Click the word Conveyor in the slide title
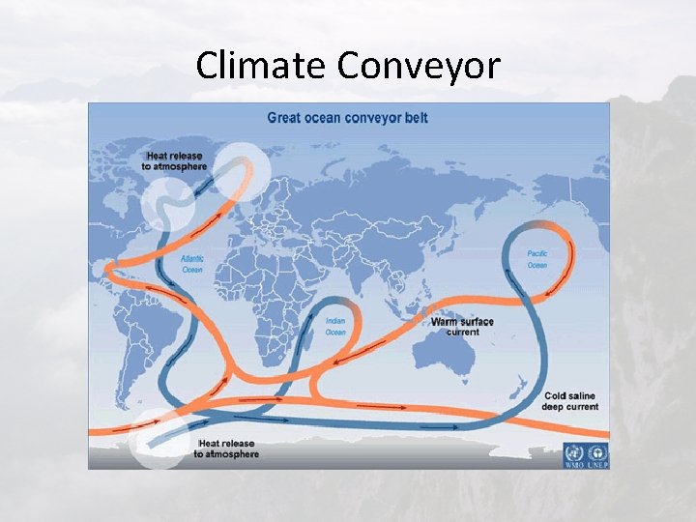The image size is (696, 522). [x=419, y=66]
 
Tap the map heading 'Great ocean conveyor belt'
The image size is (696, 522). [x=348, y=118]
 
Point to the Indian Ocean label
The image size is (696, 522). [x=335, y=327]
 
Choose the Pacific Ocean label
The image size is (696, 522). [x=536, y=259]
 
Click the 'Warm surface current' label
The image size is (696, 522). [x=462, y=327]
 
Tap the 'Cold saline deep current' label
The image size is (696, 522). [x=571, y=401]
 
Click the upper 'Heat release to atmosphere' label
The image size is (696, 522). [x=177, y=160]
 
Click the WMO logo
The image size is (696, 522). [x=574, y=454]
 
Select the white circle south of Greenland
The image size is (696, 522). [x=167, y=205]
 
